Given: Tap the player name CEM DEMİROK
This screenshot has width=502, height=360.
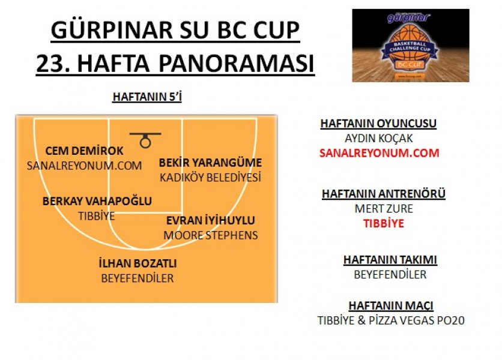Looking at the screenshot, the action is coord(85,151).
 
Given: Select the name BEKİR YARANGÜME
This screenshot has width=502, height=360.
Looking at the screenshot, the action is coord(210,163).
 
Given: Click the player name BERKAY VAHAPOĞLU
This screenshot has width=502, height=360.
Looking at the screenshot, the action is coord(97,201).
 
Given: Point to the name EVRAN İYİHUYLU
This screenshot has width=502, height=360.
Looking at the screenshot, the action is coord(211,220).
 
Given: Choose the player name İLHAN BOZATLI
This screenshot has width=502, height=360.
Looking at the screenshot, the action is coord(138,263).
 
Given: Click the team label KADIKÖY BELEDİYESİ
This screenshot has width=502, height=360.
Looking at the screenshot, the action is coord(210,178).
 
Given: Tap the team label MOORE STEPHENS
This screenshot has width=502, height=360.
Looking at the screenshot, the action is coord(211,236).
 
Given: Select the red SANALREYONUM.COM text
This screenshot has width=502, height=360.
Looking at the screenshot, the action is coord(379,153).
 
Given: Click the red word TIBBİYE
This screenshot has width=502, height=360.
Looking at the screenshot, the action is coord(384,223).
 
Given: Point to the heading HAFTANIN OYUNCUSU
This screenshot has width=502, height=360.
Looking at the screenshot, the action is coord(378,124).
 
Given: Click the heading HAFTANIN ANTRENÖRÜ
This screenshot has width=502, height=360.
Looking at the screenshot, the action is coord(384,194).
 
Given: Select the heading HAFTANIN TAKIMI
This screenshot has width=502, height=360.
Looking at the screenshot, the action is coord(390,260).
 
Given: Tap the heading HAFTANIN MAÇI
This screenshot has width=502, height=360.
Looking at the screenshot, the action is coord(391,305).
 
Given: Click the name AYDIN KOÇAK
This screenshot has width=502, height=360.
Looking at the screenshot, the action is coord(379,138).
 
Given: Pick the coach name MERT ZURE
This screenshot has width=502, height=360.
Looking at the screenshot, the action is coord(384,209).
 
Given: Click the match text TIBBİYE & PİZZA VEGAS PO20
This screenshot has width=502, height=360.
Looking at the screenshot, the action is coord(391,320).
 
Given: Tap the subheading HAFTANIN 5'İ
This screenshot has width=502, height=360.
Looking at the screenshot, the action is coord(147,97).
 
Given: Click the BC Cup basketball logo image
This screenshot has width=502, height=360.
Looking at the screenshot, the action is coord(411,46).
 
